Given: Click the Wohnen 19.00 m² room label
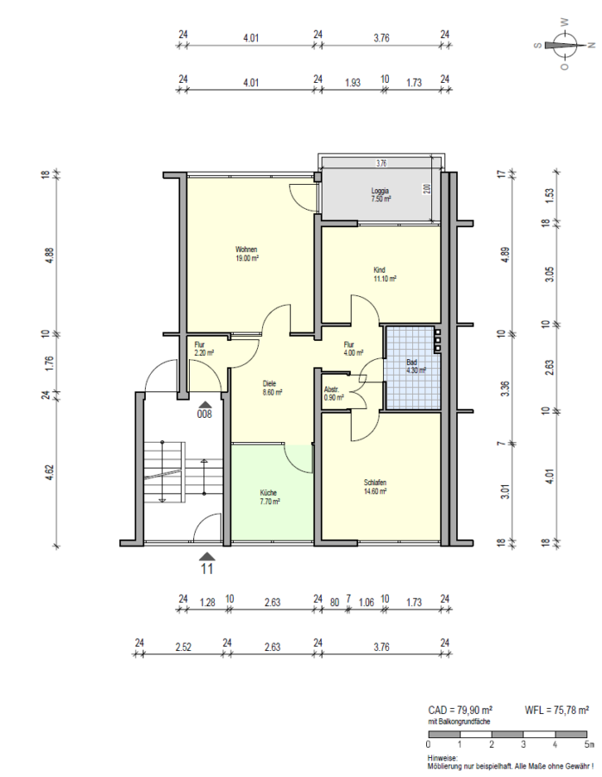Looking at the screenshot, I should (248, 254).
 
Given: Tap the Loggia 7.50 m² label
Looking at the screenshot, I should (380, 194).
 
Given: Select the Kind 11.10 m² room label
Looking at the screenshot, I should (384, 275).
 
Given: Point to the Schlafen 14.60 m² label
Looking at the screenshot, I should (374, 486).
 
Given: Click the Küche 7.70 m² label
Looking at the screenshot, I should (270, 496).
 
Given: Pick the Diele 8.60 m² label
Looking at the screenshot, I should (274, 387).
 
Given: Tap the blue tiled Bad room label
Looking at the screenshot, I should (416, 366).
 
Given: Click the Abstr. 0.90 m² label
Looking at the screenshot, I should (334, 394).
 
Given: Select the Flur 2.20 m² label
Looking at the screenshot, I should (203, 349).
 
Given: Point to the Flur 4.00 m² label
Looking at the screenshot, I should (354, 349).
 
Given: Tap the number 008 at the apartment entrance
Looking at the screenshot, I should (205, 414).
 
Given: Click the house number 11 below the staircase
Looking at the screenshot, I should (207, 569).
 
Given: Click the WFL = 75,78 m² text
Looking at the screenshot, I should (556, 710).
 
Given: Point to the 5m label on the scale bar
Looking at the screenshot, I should (588, 743).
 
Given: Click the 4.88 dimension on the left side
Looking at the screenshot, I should (49, 255).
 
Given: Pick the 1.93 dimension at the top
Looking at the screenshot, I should (352, 83).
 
